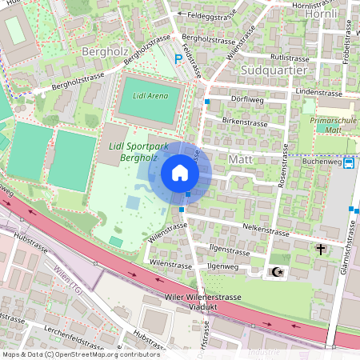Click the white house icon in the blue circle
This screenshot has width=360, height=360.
click(180, 173)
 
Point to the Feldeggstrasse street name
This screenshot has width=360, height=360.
click(212, 15)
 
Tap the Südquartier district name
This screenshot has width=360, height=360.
click(274, 70)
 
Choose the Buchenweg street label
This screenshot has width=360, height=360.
click(322, 162)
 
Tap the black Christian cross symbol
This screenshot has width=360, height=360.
click(321, 250)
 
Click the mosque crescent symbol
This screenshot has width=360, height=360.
click(278, 273)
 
